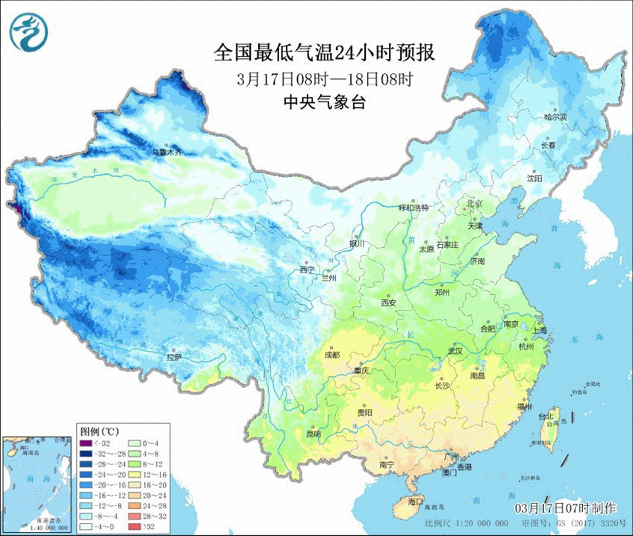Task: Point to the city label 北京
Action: [x=475, y=204]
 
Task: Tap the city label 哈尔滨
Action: [x=555, y=117]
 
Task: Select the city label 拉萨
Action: [x=174, y=357]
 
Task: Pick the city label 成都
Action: [x=331, y=355]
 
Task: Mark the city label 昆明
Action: [x=312, y=434]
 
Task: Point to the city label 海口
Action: [x=415, y=501]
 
